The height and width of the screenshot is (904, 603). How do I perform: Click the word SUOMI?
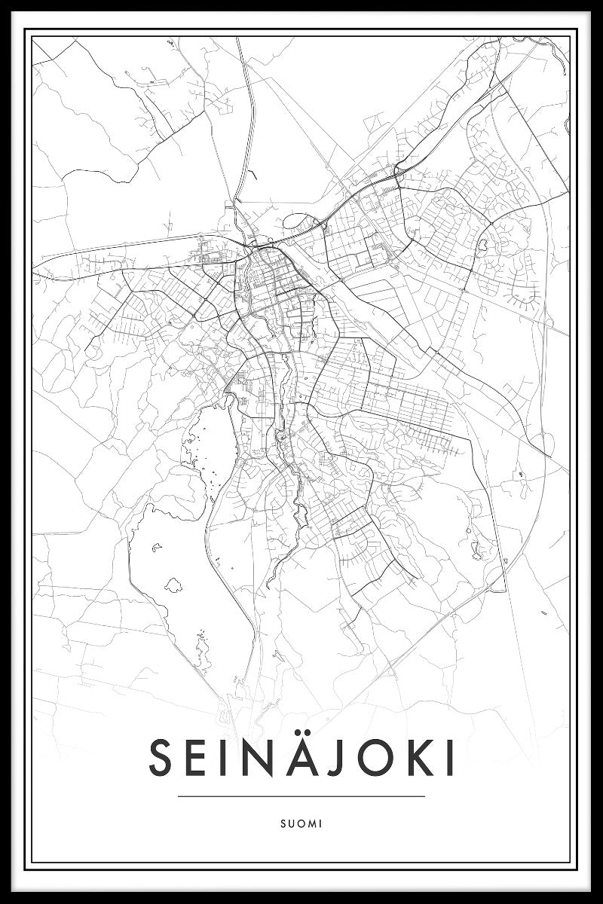(x=301, y=823)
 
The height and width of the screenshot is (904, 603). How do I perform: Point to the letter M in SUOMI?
(x=312, y=823)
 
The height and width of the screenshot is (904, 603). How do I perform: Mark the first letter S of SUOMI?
(x=282, y=823)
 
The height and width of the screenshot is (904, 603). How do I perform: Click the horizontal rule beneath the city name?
(x=301, y=796)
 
